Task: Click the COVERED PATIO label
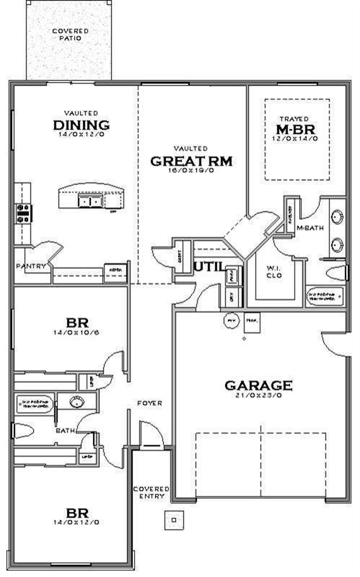click(x=70, y=35)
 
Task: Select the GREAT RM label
click(x=191, y=160)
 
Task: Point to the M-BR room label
click(x=294, y=129)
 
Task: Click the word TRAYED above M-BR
click(x=294, y=118)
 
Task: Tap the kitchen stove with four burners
click(x=24, y=212)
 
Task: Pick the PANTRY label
click(x=32, y=266)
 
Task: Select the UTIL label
click(x=208, y=267)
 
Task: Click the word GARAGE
click(x=258, y=385)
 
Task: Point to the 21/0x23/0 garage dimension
click(x=258, y=396)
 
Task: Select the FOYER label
click(x=150, y=403)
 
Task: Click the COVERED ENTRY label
click(x=151, y=492)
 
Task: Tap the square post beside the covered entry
click(x=173, y=517)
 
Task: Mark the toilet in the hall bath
click(x=24, y=431)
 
